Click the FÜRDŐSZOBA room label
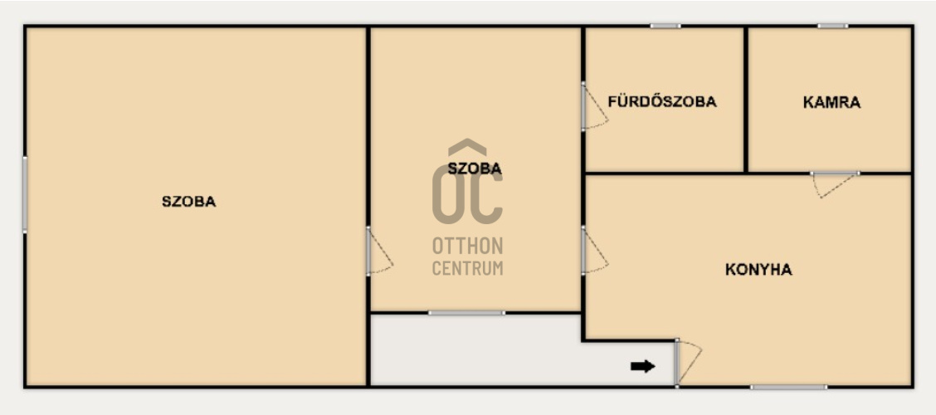point(662,101)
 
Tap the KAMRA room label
point(831,102)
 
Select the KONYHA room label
point(758,269)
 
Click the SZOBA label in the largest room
point(188,201)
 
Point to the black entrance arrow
point(643,366)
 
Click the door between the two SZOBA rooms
point(379,251)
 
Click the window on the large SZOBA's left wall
point(24,194)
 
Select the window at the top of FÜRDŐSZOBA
point(665,26)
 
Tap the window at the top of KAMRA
point(832,26)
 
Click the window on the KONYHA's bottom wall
point(788,387)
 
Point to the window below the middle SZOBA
point(466,312)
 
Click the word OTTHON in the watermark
point(467,245)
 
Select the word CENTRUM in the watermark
point(467,268)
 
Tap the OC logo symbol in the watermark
point(467,182)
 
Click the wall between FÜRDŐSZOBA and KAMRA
point(746,100)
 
